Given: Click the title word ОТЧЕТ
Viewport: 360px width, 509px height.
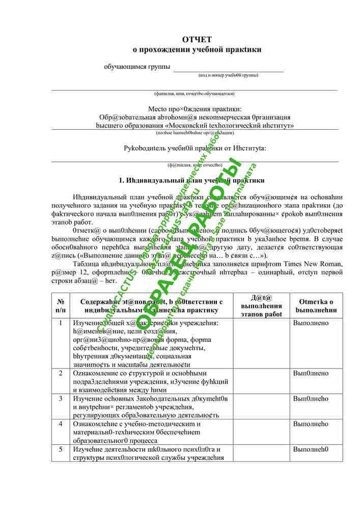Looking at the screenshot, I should pos(197,40).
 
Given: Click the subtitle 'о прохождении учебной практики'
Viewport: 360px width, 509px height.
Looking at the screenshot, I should pos(197,50).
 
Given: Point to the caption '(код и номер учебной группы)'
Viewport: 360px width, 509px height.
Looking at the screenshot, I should pos(228,75).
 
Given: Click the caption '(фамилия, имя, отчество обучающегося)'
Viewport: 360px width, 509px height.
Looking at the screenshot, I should pos(194,94).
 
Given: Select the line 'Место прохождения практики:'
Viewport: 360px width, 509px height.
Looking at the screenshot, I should pos(195,109).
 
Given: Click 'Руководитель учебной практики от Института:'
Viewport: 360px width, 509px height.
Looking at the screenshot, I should pos(195,149).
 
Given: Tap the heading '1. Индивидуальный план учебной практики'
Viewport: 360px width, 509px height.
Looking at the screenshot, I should pos(191,180).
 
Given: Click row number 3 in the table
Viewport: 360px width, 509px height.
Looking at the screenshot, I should pos(61,398).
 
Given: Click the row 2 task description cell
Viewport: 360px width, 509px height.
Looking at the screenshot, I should pos(151,381).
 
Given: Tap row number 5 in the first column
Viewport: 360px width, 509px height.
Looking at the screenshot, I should pos(61,449).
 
